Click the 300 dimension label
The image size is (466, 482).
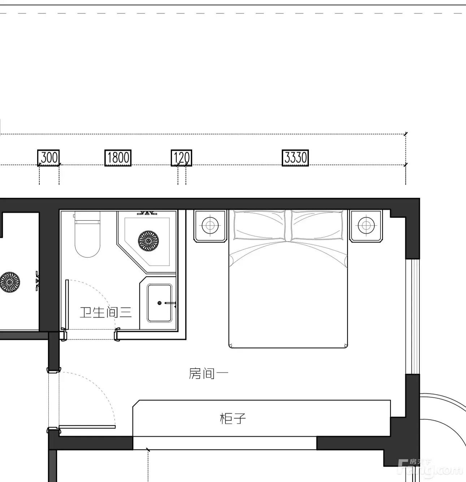pyautogui.click(x=48, y=158)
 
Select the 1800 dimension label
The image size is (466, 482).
pyautogui.click(x=118, y=158)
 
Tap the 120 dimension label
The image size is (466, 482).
pyautogui.click(x=181, y=158)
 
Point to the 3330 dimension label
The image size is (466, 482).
pyautogui.click(x=295, y=158)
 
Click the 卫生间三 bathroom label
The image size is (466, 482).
pyautogui.click(x=105, y=312)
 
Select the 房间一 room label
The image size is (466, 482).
pyautogui.click(x=209, y=373)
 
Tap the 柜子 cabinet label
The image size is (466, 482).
pyautogui.click(x=233, y=418)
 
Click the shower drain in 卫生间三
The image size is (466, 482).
pyautogui.click(x=148, y=241)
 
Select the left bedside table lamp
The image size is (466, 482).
pyautogui.click(x=210, y=226)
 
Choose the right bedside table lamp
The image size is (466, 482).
pyautogui.click(x=366, y=226)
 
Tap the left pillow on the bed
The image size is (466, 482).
pyautogui.click(x=260, y=225)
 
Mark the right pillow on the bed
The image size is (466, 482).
pyautogui.click(x=317, y=225)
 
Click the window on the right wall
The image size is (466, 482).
pyautogui.click(x=413, y=317)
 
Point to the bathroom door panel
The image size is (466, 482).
pyautogui.click(x=67, y=305)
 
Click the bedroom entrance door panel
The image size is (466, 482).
pyautogui.click(x=87, y=427)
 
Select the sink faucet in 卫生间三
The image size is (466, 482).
pyautogui.click(x=171, y=303)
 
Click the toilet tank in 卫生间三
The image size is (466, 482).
pyautogui.click(x=87, y=218)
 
